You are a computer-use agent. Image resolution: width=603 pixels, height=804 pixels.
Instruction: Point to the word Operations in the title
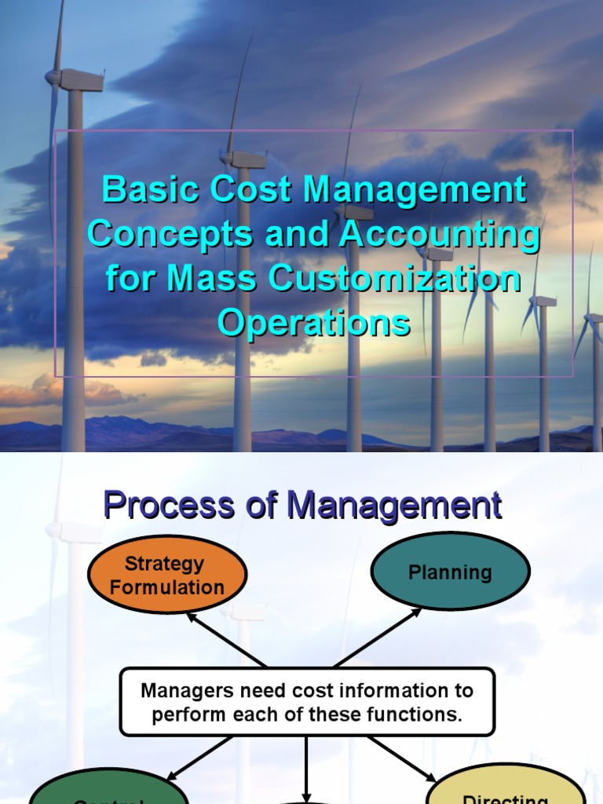click(x=313, y=323)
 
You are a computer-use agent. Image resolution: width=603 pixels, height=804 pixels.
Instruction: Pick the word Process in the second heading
click(x=163, y=506)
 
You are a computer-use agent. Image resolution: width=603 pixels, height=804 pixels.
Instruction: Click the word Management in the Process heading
click(x=394, y=506)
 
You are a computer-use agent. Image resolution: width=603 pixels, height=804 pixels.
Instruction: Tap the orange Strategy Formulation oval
click(x=167, y=576)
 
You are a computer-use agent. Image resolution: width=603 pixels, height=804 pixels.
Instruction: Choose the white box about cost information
click(x=307, y=702)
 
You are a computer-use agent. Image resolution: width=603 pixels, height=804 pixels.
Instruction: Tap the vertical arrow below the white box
click(x=307, y=769)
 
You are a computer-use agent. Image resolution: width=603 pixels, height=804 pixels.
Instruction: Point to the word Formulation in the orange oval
click(x=167, y=587)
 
